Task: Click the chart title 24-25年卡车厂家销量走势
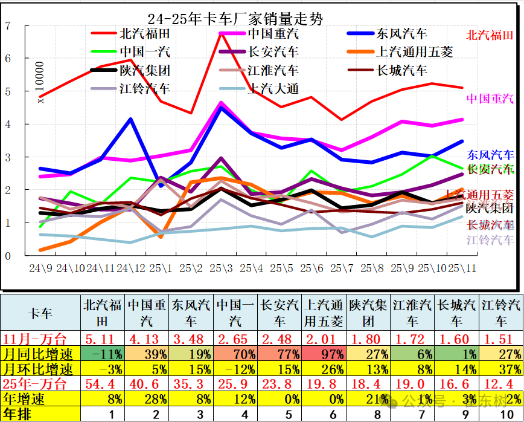coord(235,19)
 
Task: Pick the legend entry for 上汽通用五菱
coord(414,52)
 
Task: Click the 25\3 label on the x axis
coord(222,267)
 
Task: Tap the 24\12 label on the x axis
coord(131,267)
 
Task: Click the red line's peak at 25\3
coord(222,34)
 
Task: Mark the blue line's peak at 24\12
coord(131,119)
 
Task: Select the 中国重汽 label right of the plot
coord(490,98)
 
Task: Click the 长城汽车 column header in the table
coord(457,312)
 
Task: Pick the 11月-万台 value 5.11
coord(103,339)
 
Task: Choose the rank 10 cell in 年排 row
coord(502,414)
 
